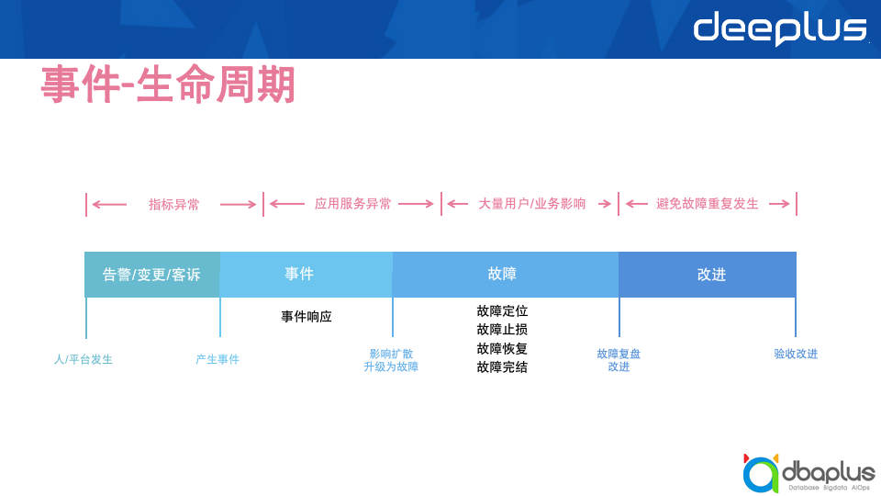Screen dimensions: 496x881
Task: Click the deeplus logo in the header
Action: (779, 28)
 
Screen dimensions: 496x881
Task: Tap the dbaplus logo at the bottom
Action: (809, 473)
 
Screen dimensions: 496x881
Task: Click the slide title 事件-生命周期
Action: (168, 85)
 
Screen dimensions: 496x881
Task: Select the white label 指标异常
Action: (173, 204)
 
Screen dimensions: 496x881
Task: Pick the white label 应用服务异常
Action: (352, 204)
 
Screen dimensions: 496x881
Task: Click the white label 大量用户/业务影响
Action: (532, 204)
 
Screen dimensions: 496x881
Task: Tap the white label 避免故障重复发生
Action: (708, 204)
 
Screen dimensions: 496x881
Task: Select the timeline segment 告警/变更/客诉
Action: (151, 275)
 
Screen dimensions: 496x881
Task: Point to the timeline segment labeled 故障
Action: (505, 274)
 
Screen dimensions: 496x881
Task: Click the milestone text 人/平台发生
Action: (84, 359)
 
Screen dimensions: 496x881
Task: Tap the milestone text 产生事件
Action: (217, 359)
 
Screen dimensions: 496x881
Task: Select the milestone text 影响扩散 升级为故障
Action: (391, 360)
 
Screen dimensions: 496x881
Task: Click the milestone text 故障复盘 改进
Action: (619, 360)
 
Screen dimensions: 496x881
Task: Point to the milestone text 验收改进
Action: (795, 354)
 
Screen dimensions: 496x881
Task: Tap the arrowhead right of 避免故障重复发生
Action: (786, 204)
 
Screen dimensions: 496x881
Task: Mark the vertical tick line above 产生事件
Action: (220, 317)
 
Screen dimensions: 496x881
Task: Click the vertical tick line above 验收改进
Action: (796, 317)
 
